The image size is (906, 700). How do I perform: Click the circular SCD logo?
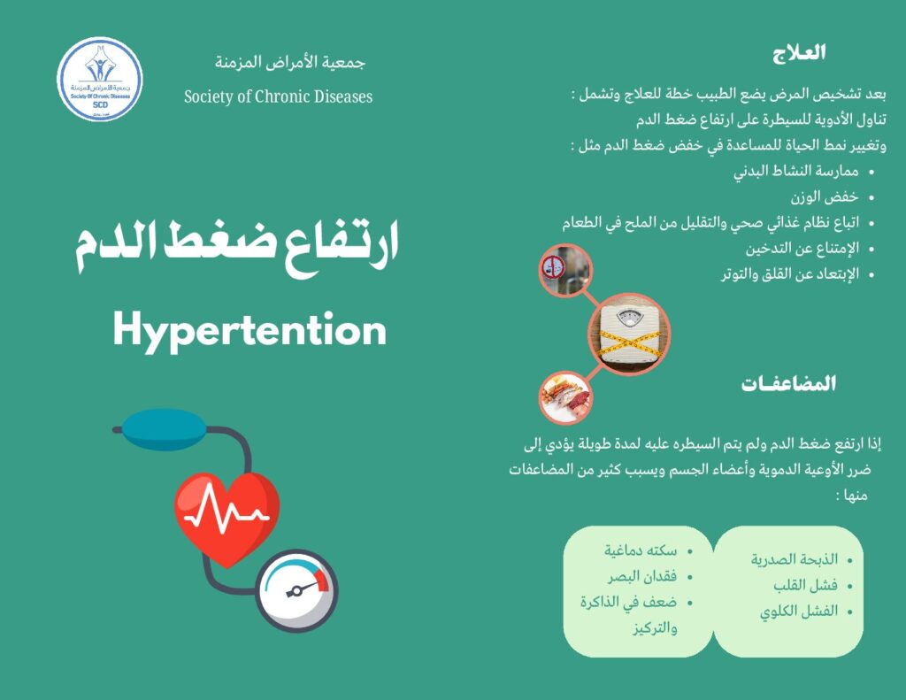[x=99, y=79]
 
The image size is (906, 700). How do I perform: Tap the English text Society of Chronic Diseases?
[x=278, y=96]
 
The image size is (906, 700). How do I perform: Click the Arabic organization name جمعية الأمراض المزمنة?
[x=290, y=63]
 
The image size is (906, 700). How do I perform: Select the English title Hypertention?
[x=250, y=331]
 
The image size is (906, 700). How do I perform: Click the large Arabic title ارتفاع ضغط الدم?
[x=236, y=245]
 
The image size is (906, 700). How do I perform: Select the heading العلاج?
[x=798, y=52]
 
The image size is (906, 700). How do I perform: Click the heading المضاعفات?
[x=788, y=384]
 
